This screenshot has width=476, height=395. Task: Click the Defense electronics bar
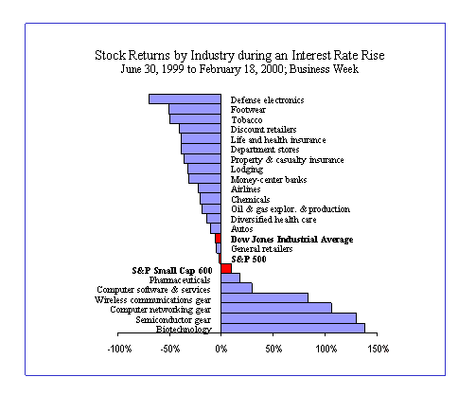pos(185,99)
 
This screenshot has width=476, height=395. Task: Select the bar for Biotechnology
pos(293,328)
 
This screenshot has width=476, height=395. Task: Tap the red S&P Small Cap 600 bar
pos(226,268)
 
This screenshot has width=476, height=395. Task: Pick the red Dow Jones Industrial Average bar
pos(218,239)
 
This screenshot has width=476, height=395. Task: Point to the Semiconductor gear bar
pos(289,318)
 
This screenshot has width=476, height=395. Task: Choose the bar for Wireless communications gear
pos(265,298)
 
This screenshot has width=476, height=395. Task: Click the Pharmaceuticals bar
pos(230,278)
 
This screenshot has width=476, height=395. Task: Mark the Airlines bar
pos(209,189)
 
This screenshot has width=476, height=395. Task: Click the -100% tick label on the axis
pos(119,349)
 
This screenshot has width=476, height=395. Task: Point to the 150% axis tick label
pos(379,349)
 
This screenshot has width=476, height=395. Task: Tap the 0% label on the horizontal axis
pos(221,349)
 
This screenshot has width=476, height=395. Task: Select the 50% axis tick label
pos(273,349)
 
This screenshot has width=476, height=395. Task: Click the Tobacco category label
pos(247,120)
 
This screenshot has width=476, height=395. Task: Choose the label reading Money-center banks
pos(269,180)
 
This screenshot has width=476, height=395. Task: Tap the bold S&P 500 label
pos(249,260)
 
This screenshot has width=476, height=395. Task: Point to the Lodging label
pos(247,170)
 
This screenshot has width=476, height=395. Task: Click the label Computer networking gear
pos(160,310)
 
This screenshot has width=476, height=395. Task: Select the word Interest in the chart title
pos(310,55)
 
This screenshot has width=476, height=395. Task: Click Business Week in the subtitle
pos(324,69)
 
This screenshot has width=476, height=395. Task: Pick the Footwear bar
pos(195,109)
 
